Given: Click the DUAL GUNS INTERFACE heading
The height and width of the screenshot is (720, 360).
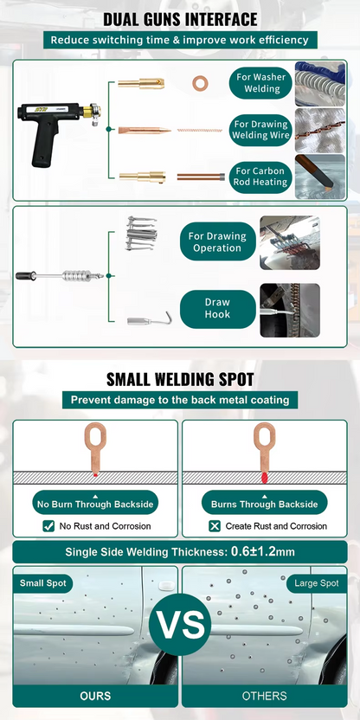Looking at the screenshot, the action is pos(180,19).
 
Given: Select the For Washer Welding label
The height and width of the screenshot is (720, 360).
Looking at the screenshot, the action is pos(261,83).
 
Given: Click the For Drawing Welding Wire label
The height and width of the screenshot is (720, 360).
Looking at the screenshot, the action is pos(261,130).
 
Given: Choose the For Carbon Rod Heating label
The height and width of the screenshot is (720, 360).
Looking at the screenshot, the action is pos(261,177).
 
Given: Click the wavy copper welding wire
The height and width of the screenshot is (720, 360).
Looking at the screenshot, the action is pos(200,131).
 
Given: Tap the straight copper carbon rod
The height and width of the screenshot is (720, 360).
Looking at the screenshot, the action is pos(201,177).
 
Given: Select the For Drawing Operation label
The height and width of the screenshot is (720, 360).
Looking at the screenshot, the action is pos(218,242).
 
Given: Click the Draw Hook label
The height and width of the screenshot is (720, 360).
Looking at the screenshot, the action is pos(218,309).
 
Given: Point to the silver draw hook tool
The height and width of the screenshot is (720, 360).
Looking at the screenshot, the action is pos(149,318).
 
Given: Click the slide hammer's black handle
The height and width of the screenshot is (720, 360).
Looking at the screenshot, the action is pos(26,275).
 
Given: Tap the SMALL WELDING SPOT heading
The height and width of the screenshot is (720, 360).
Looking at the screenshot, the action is pos(180,380).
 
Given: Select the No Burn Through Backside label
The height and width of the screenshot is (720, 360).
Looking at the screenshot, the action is pos(95,504).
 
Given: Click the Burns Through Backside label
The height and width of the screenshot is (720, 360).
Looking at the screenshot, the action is pos(265,504).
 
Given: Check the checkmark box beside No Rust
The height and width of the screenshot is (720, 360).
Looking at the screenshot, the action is pos(48,526).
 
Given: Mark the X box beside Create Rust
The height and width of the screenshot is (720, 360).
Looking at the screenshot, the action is pos(215,526).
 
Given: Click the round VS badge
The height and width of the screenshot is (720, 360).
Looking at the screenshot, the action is pos(180,624).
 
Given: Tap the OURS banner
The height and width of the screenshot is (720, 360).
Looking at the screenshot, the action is pos(95,696).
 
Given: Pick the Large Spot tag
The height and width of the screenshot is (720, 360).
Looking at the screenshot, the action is pos(317,583).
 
